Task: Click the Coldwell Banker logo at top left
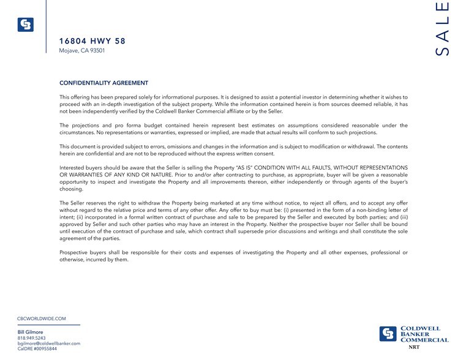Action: pyautogui.click(x=25, y=24)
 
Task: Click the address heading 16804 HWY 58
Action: pyautogui.click(x=92, y=41)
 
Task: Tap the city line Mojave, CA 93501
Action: pyautogui.click(x=82, y=51)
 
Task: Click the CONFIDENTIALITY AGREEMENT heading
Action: pyautogui.click(x=103, y=83)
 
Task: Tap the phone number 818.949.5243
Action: pyautogui.click(x=32, y=338)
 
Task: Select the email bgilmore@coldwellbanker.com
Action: pyautogui.click(x=49, y=343)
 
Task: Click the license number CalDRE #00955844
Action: pyautogui.click(x=37, y=349)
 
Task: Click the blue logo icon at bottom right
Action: pyautogui.click(x=388, y=334)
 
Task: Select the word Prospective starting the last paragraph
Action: pyautogui.click(x=75, y=252)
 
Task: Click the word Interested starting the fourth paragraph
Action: pyautogui.click(x=73, y=167)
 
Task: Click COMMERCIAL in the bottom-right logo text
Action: pyautogui.click(x=424, y=340)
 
